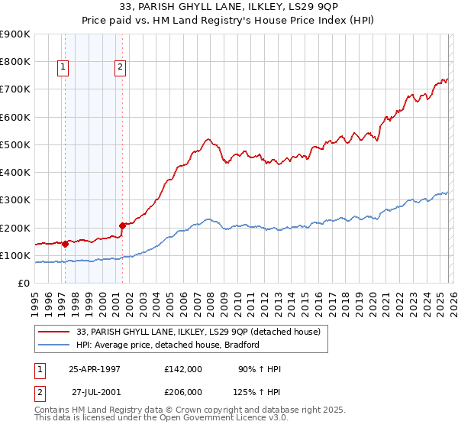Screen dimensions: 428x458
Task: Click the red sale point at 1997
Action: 66,244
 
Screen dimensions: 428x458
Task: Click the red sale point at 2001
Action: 123,225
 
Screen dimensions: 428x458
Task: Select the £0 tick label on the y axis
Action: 24,284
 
